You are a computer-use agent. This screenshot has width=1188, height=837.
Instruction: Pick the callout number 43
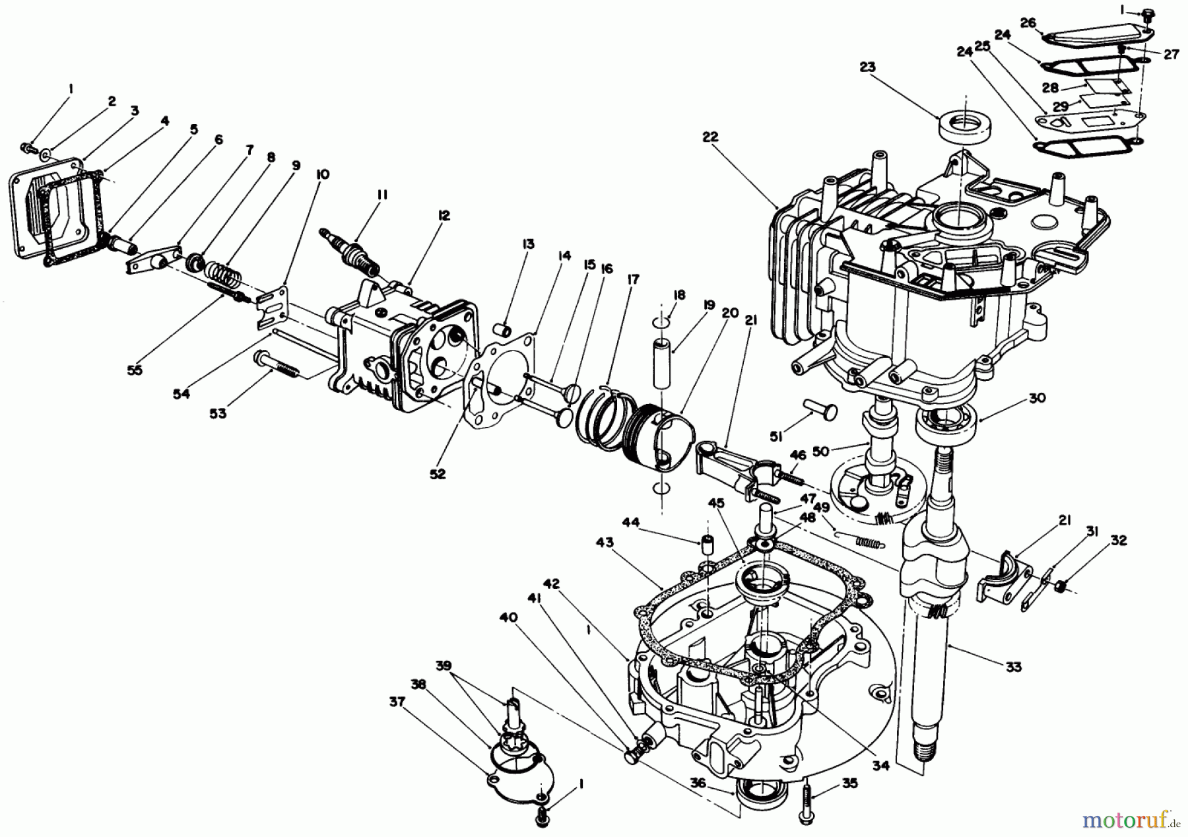coord(604,543)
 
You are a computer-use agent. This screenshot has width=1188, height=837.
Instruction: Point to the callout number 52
coord(437,474)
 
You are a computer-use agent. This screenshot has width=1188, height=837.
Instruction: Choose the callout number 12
coord(444,215)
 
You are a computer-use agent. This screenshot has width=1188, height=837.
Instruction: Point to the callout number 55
coord(135,370)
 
